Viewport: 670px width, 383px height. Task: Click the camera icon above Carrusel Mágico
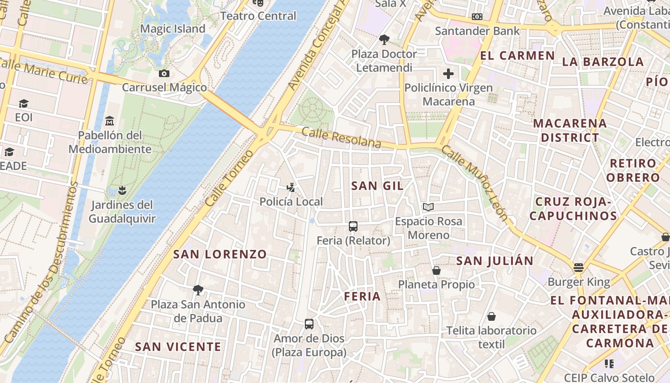164,73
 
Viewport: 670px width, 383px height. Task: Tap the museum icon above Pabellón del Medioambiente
110,120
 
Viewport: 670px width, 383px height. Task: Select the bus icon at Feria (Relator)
353,226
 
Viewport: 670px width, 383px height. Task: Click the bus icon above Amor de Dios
309,324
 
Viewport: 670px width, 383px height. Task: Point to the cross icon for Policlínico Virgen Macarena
448,74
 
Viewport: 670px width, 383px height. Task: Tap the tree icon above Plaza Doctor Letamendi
383,39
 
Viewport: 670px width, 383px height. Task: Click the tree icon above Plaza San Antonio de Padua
198,290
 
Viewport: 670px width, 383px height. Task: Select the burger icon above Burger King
579,267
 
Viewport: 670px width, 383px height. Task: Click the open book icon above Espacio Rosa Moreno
428,207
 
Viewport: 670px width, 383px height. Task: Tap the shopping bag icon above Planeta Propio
436,270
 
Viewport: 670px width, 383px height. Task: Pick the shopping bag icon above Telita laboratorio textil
491,316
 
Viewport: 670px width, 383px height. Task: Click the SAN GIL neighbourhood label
377,186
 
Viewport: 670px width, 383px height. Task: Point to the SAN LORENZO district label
220,254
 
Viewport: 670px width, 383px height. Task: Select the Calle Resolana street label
341,138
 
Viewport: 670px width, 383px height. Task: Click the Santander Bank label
477,31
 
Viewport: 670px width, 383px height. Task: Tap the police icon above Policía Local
290,187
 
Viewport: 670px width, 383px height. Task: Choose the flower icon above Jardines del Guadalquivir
123,191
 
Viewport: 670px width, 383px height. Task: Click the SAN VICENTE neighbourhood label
178,347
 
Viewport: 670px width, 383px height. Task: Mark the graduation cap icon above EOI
23,103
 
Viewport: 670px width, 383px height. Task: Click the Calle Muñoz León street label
474,183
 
